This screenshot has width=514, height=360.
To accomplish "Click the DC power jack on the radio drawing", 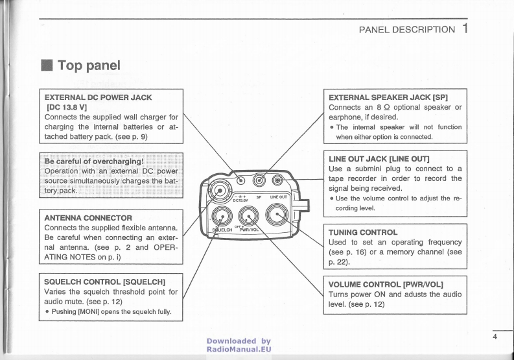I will pyautogui.click(x=242, y=181).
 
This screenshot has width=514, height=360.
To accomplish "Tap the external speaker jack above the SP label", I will pyautogui.click(x=260, y=181).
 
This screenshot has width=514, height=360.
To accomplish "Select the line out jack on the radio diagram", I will pyautogui.click(x=278, y=181).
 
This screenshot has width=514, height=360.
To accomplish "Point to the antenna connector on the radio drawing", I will pyautogui.click(x=220, y=191).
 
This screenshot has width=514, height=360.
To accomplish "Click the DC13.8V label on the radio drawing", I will pyautogui.click(x=242, y=200).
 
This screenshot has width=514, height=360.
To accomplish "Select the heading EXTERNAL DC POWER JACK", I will pyautogui.click(x=98, y=97).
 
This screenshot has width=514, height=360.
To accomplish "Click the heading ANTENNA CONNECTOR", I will pyautogui.click(x=88, y=217).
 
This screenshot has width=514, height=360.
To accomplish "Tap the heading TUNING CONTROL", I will pyautogui.click(x=363, y=231).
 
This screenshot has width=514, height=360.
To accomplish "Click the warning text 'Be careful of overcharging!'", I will pyautogui.click(x=93, y=162).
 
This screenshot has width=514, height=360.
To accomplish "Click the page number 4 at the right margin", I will pyautogui.click(x=494, y=336).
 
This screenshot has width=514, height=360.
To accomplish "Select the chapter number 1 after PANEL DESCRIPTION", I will pyautogui.click(x=466, y=29).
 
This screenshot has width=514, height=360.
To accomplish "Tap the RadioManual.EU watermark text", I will pyautogui.click(x=239, y=349).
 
